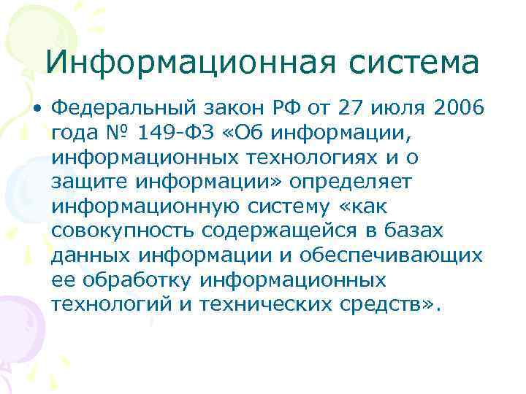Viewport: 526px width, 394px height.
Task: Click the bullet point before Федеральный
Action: point(37,109)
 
